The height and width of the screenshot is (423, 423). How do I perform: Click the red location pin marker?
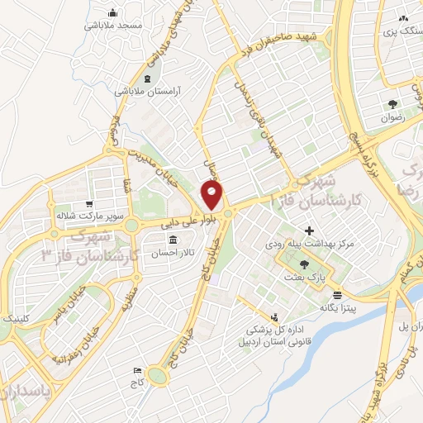pyautogui.click(x=212, y=195)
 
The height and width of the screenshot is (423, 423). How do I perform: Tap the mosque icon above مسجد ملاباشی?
pyautogui.click(x=112, y=12)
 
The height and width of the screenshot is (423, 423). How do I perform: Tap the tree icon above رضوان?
pyautogui.click(x=393, y=104)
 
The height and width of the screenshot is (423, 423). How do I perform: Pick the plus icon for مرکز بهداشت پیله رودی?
pyautogui.click(x=309, y=231)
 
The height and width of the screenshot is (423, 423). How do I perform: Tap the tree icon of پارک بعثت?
pyautogui.click(x=305, y=264)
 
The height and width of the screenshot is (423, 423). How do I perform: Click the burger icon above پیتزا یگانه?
pyautogui.click(x=337, y=294)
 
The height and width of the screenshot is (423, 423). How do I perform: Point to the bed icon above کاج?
pyautogui.click(x=137, y=371)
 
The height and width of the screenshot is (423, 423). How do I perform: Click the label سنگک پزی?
pyautogui.click(x=396, y=31)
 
